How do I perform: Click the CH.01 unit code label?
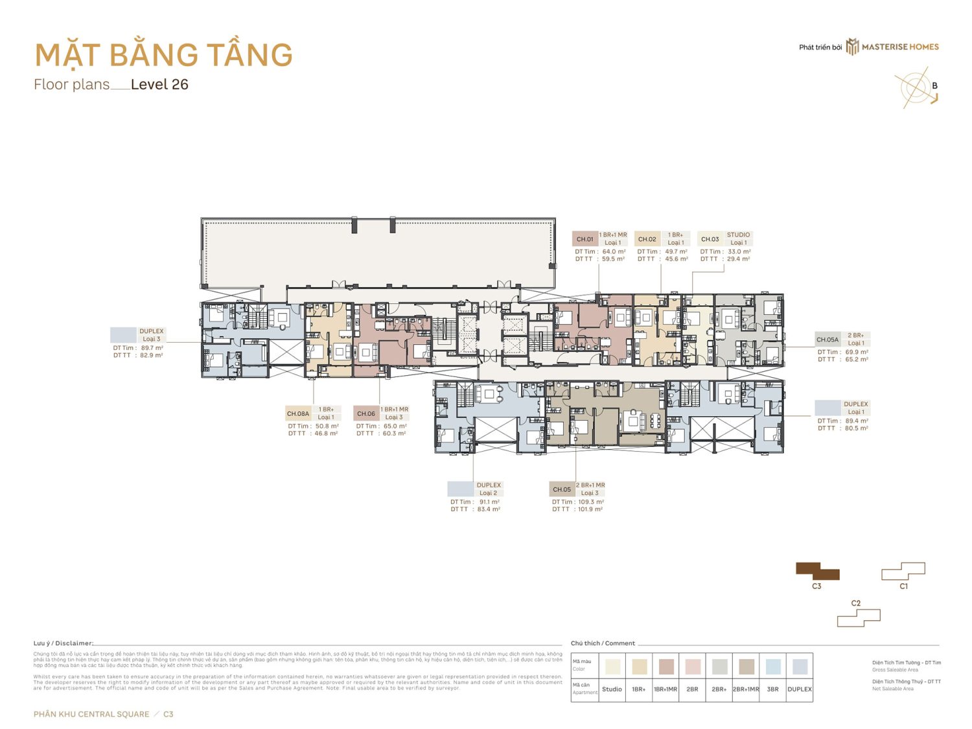point(584,239)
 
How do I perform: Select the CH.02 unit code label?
point(647,239)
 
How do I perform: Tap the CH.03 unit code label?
point(710,239)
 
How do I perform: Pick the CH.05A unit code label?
point(827,340)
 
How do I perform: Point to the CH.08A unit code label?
point(298,413)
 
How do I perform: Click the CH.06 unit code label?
point(366,413)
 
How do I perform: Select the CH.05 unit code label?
point(562,489)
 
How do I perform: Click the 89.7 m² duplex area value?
point(152,348)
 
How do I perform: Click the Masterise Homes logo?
point(892,47)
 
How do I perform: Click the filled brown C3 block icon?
point(817,571)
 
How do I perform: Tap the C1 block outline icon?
point(903,571)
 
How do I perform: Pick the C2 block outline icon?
point(859,618)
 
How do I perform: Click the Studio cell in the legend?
point(612,689)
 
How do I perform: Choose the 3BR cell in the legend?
point(772,689)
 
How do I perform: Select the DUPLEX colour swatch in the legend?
point(800,667)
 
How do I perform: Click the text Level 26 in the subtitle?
point(159,85)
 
